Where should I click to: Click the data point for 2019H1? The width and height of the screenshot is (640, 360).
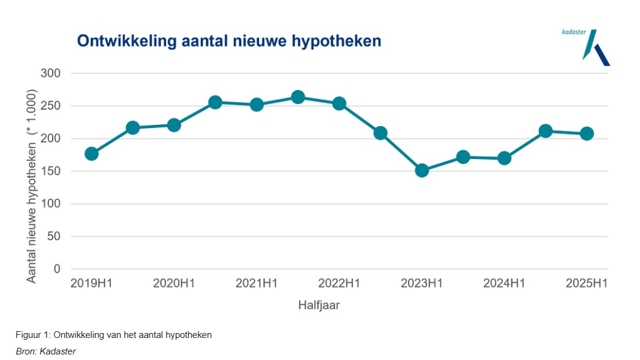pos(91,154)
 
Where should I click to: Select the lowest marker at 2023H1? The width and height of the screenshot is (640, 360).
pos(421,170)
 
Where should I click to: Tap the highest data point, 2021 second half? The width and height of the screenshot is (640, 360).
pos(298,97)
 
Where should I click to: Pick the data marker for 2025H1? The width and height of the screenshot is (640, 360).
pos(587,133)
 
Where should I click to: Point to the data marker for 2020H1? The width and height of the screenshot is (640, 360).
pos(174,125)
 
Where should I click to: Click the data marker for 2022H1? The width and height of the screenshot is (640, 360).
pos(339,103)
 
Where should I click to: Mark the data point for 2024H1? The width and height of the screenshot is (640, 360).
pos(504,158)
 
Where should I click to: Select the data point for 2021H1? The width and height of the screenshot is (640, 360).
pos(257,105)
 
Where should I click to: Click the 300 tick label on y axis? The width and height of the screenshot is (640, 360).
pos(51,73)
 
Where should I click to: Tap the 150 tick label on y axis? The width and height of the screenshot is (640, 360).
pos(51,171)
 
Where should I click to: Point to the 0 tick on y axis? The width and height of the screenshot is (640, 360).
pos(58,269)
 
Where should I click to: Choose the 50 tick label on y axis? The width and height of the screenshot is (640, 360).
pos(55,236)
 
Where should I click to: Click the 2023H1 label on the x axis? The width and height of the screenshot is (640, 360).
pos(421,283)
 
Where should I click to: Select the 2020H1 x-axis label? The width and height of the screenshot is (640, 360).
pos(174,283)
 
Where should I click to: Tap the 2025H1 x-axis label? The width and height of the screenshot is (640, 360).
pos(587,283)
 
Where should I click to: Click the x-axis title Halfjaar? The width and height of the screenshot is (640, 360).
pos(318,305)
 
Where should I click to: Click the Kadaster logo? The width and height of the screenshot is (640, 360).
pos(593,47)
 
